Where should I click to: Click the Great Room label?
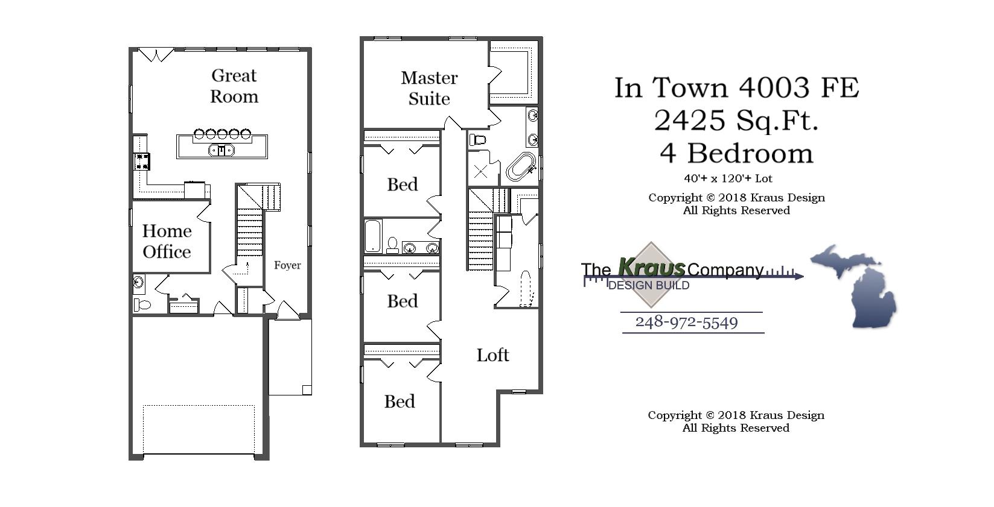click(234, 86)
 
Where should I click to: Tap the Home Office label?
click(167, 241)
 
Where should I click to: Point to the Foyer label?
click(287, 265)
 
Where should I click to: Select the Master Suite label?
click(429, 88)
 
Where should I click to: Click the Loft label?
click(492, 355)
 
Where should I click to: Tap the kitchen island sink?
click(221, 150)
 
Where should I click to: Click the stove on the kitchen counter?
click(142, 161)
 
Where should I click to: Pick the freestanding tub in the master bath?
click(520, 167)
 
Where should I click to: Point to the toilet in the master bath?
click(477, 140)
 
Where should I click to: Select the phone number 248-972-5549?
click(686, 323)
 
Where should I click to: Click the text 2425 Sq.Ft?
click(736, 121)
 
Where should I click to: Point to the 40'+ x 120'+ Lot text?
click(728, 178)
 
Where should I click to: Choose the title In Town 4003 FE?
click(736, 88)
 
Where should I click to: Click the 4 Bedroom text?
click(736, 154)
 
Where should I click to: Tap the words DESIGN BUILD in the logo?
click(648, 285)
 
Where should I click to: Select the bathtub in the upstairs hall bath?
click(372, 236)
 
